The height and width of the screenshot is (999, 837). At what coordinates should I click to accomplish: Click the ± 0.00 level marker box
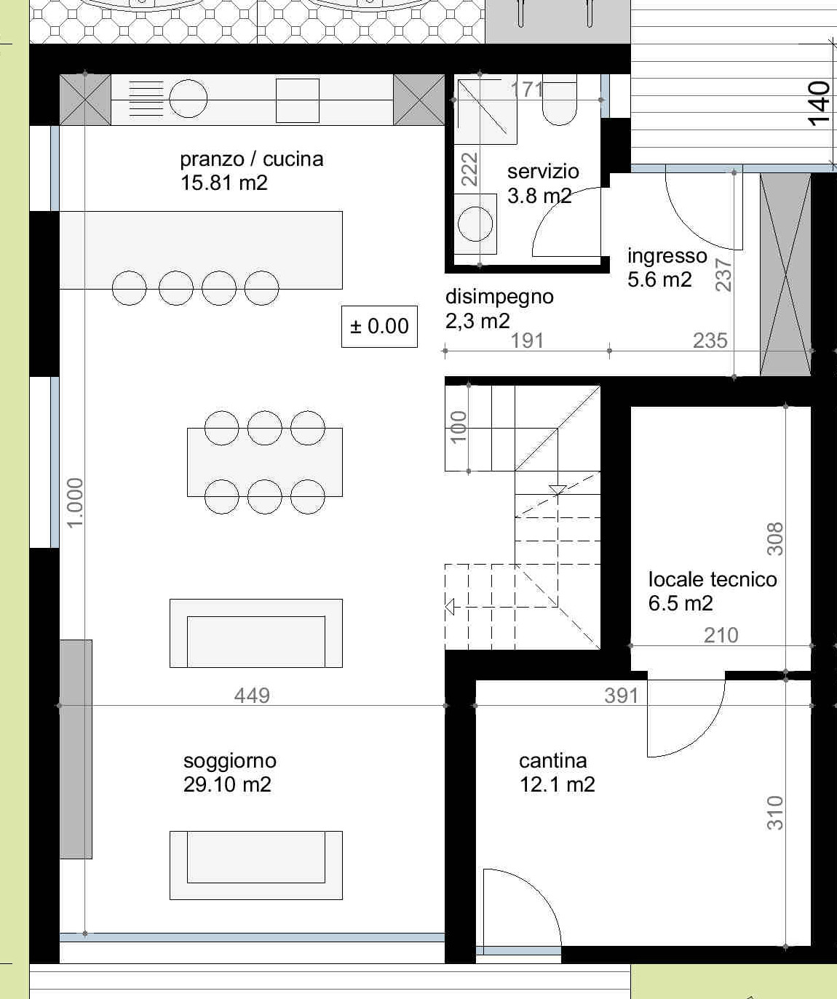[x=379, y=326]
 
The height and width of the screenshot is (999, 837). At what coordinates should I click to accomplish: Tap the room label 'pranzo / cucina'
[x=252, y=159]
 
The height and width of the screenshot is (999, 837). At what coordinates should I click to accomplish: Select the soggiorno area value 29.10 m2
[x=227, y=784]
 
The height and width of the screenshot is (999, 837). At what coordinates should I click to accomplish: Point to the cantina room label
[x=552, y=761]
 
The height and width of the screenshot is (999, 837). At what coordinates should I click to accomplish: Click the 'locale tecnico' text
[x=713, y=579]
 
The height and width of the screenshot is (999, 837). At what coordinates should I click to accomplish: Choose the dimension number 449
[x=252, y=695]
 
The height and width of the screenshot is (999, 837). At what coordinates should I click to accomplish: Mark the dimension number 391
[x=621, y=696]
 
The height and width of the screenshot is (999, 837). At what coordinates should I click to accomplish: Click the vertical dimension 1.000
[x=76, y=503]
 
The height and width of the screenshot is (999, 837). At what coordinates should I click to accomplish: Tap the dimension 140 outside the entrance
[x=819, y=104]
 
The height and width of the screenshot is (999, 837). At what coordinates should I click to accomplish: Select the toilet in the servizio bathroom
[x=560, y=100]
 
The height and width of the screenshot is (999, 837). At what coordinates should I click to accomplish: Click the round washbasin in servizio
[x=475, y=224]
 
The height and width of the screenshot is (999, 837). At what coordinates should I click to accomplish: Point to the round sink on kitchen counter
[x=188, y=98]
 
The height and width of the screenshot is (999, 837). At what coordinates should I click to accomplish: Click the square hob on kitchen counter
[x=298, y=100]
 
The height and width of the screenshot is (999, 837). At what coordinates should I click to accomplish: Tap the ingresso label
[x=667, y=255]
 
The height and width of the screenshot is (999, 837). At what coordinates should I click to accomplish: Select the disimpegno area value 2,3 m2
[x=477, y=321]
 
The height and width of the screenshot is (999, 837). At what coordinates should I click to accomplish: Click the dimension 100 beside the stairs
[x=459, y=427]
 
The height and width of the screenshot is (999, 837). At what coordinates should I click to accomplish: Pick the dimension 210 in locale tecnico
[x=721, y=635]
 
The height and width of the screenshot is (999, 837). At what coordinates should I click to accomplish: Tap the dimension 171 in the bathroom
[x=527, y=89]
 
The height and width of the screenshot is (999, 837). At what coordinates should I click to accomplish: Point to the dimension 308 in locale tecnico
[x=775, y=539]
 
